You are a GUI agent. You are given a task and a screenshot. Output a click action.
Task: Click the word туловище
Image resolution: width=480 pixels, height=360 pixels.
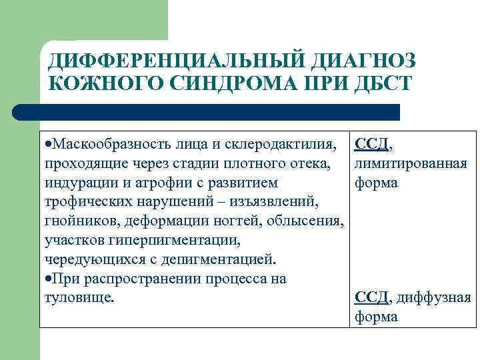(x=78, y=297)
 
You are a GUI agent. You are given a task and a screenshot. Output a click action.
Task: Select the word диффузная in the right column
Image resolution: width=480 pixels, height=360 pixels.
(x=434, y=297)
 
